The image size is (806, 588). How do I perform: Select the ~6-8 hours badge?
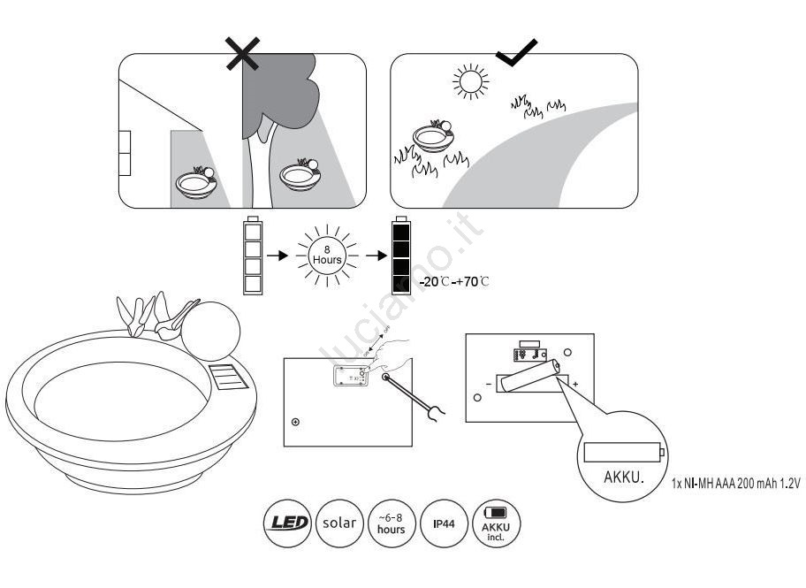(x=391, y=523)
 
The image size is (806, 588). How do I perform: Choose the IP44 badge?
(x=444, y=523)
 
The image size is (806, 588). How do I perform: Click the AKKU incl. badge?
(x=497, y=523)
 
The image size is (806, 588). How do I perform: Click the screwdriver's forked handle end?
(x=435, y=409)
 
